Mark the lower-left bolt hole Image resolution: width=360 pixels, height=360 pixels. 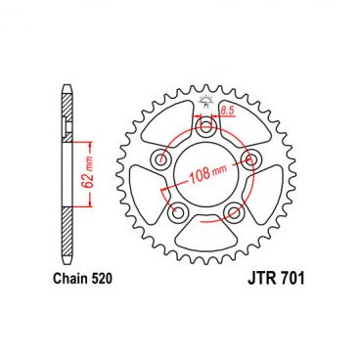click(176, 211)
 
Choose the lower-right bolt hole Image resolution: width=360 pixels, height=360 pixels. click(233, 211)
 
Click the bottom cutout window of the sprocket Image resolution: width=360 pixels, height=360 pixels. click(204, 235)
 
